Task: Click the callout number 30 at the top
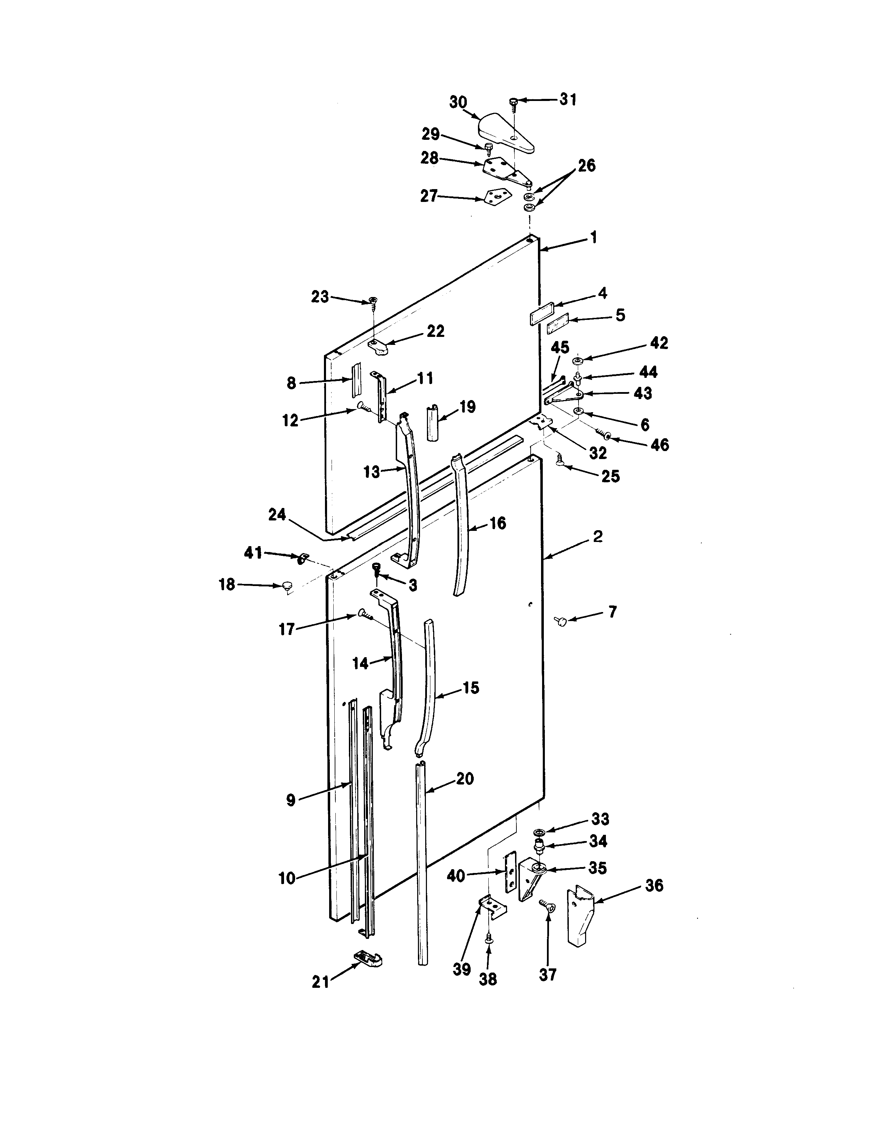[458, 103]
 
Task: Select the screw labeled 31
[513, 103]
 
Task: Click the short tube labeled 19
[434, 423]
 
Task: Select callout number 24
[277, 515]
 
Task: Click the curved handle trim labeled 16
[461, 526]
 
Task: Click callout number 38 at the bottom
[488, 979]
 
